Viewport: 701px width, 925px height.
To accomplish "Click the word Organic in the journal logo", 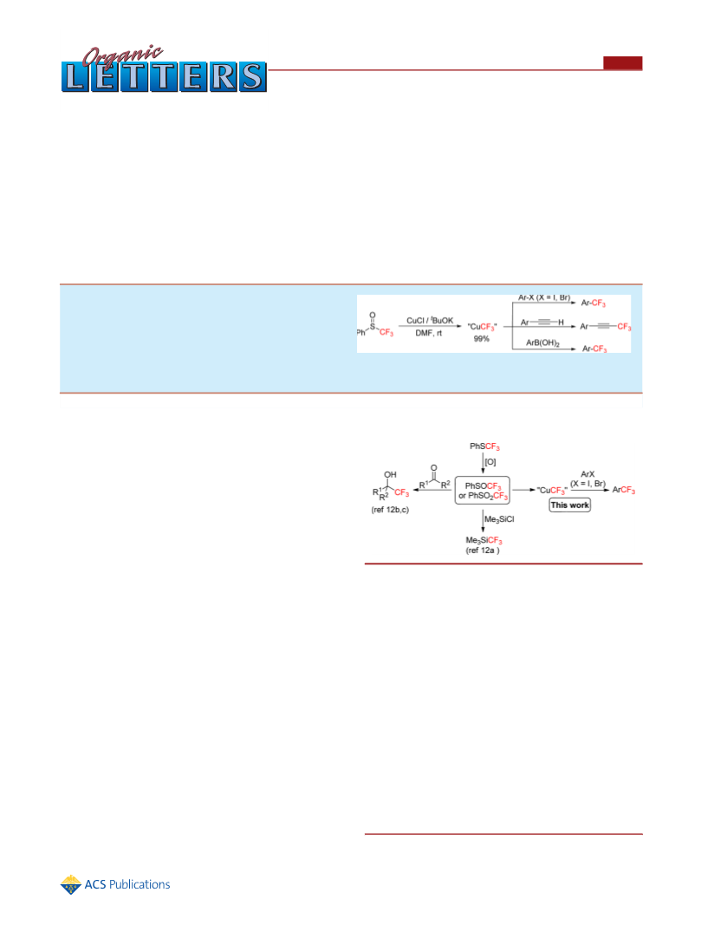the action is pos(122,55).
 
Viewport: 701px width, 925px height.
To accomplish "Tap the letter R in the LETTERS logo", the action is pos(223,77).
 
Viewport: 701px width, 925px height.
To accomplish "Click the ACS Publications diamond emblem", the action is pos(71,884).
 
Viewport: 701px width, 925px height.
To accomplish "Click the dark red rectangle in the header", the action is pos(623,63).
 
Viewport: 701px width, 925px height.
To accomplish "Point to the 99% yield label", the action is pos(482,339).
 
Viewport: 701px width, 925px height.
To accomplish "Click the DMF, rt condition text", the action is pos(429,333).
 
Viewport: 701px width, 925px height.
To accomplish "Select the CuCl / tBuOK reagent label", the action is pos(430,321).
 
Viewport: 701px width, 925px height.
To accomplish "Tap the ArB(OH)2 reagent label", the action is pos(543,342).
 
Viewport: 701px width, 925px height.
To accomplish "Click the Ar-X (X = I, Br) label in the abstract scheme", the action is pos(544,298).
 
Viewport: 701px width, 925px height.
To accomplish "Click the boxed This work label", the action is pos(569,505).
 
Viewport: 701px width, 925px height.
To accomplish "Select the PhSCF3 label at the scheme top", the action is pos(484,446).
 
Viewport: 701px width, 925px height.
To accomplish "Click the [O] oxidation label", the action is pos(490,462).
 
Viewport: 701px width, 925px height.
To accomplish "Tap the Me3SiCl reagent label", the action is pos(499,520).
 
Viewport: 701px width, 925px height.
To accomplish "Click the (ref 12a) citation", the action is pos(483,550).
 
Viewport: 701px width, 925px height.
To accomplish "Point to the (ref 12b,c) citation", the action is pos(390,510).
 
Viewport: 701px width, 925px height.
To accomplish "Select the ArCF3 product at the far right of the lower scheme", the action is pos(624,490).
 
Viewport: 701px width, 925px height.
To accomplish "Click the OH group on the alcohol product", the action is pos(390,474).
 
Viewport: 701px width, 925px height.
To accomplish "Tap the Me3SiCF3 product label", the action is pos(484,540).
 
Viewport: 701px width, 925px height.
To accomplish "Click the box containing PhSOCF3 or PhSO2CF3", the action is pos(483,490).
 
